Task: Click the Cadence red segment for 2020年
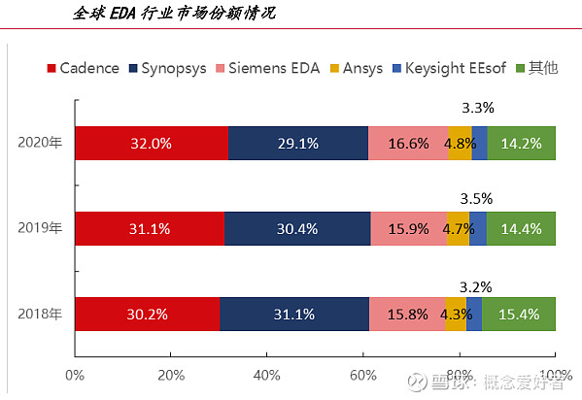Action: click(x=152, y=144)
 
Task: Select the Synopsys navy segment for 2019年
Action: click(x=297, y=228)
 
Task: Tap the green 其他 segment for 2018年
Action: click(x=519, y=314)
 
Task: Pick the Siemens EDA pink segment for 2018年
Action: click(x=407, y=314)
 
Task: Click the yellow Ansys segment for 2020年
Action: click(x=460, y=144)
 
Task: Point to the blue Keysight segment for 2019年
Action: click(x=478, y=228)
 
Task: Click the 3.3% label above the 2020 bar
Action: click(x=478, y=108)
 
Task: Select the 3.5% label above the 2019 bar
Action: click(x=477, y=199)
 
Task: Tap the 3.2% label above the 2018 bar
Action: click(x=476, y=287)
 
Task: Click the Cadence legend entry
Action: click(x=84, y=68)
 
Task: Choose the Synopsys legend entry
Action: click(x=167, y=69)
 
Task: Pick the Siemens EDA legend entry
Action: click(x=267, y=68)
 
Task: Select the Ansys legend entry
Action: click(x=357, y=69)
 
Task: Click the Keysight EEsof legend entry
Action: click(x=449, y=69)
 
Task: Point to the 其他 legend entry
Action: click(x=536, y=68)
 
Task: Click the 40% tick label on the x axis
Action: click(x=266, y=376)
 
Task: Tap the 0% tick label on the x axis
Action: click(x=75, y=376)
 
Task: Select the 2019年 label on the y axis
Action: click(x=40, y=228)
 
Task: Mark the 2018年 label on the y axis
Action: click(x=40, y=314)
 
